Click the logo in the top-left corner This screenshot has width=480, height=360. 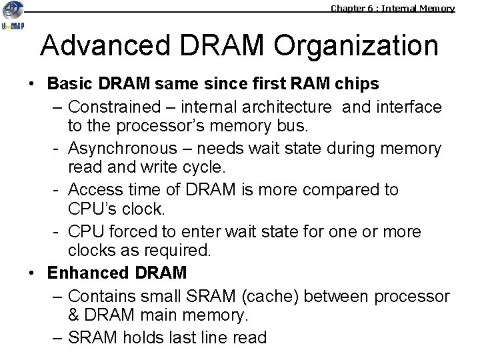[15, 24]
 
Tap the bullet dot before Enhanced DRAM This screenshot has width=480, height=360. [31, 273]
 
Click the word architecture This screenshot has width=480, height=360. [290, 107]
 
